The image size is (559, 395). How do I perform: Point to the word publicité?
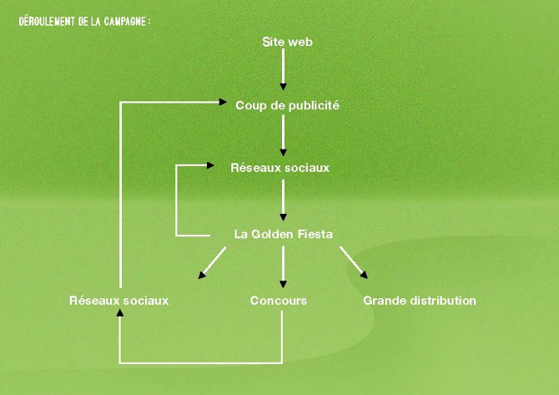[x=311, y=105]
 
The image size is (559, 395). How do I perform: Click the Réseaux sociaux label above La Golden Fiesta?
[x=279, y=168]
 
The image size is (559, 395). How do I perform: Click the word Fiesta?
[x=315, y=234]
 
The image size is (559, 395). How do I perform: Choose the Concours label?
[x=279, y=301]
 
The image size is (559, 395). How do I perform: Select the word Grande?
[x=382, y=301]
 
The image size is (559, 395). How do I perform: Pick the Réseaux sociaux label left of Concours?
[x=118, y=301]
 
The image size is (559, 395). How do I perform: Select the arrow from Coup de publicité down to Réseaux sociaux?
[x=284, y=135]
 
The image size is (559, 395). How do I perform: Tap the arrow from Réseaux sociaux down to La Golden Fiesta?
[x=284, y=200]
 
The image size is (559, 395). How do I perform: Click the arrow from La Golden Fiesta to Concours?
[x=284, y=267]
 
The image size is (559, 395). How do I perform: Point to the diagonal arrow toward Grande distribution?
[x=352, y=263]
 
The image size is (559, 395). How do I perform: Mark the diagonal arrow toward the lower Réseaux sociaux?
[x=213, y=264]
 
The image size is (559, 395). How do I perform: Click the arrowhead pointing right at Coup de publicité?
[x=224, y=103]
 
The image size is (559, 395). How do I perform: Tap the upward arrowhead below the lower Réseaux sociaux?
[x=120, y=313]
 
